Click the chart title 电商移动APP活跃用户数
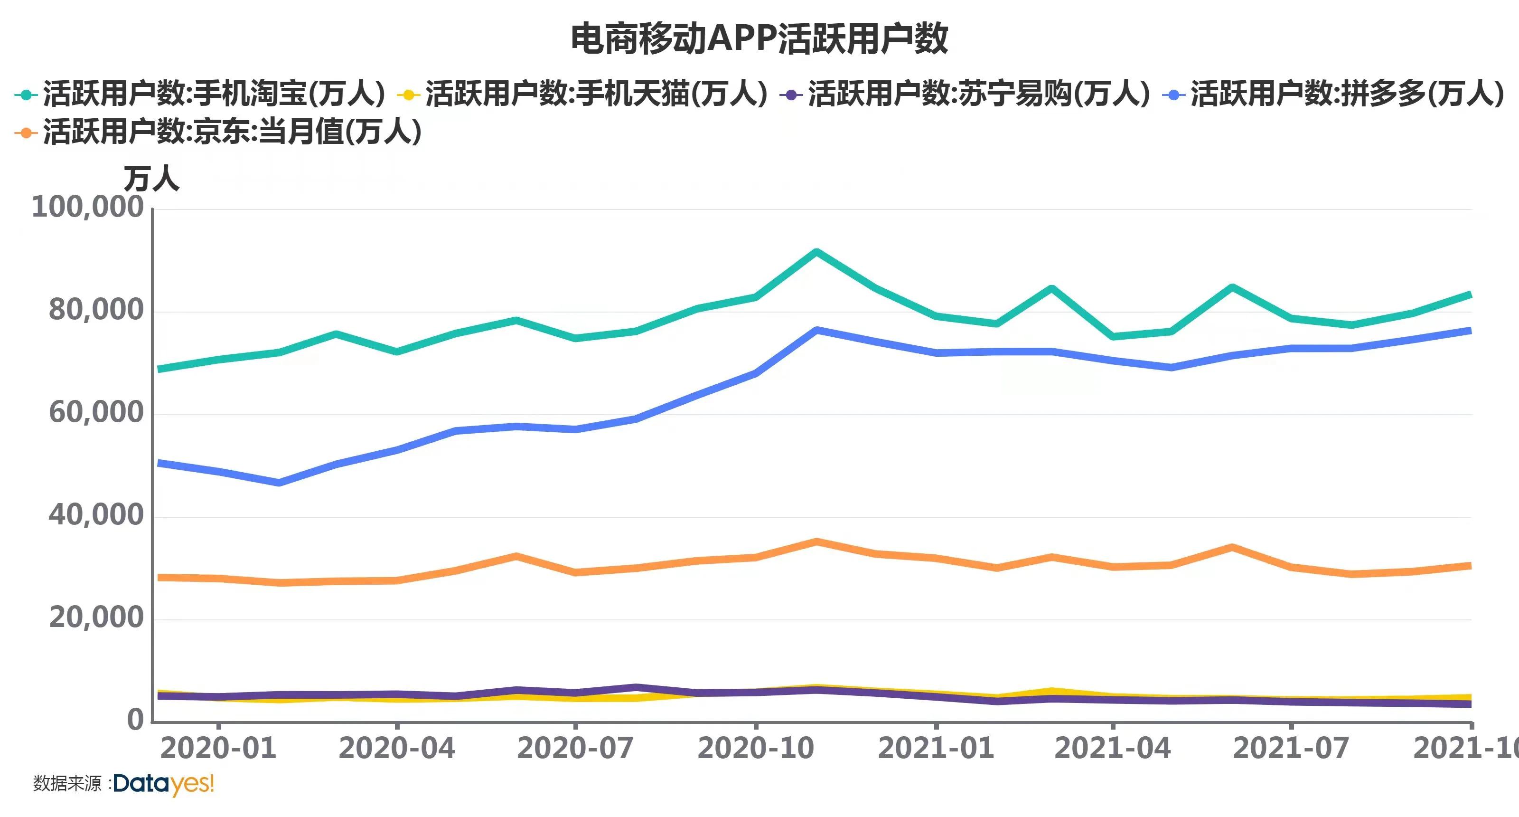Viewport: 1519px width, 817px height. (x=759, y=39)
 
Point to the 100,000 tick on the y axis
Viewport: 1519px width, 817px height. (x=87, y=208)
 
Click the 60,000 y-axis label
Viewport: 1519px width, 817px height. (x=95, y=413)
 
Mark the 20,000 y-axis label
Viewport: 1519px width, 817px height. (x=95, y=618)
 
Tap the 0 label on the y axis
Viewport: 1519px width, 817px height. (x=135, y=720)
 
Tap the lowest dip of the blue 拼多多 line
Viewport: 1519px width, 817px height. (x=279, y=483)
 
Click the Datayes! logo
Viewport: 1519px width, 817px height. (x=163, y=784)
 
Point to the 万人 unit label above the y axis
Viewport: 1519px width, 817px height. (x=151, y=178)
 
